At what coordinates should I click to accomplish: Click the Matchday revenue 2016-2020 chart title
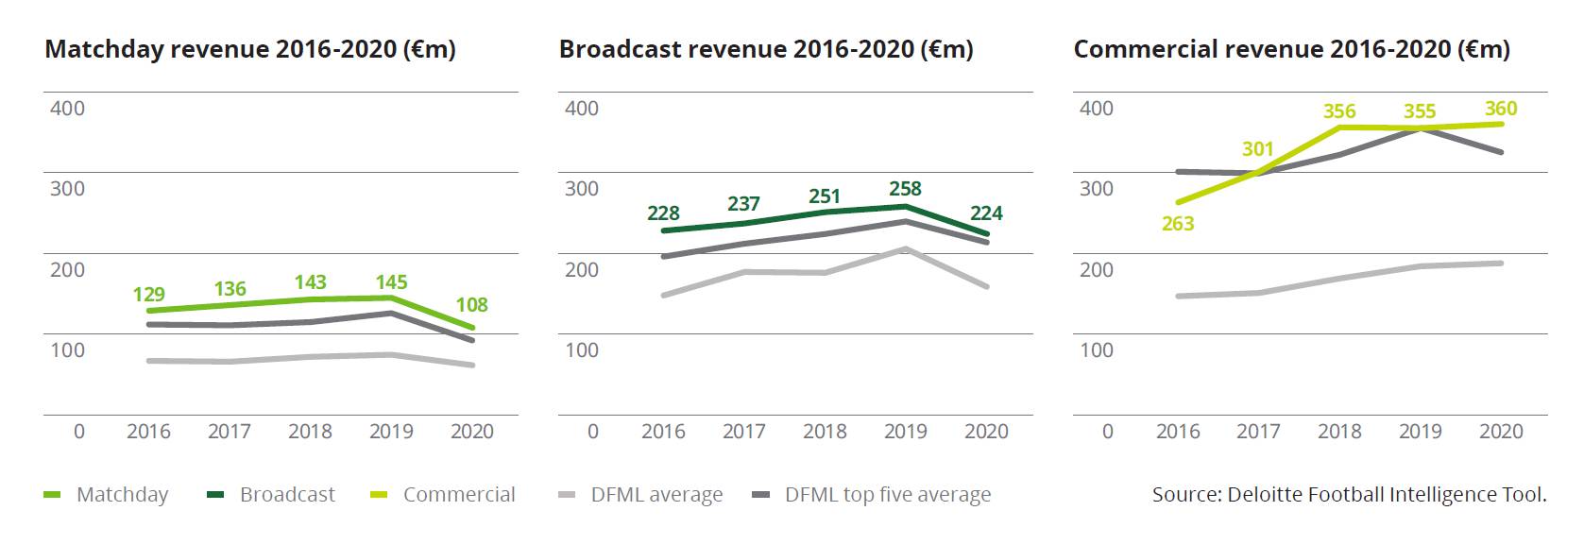point(250,49)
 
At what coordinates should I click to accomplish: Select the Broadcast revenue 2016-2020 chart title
point(765,49)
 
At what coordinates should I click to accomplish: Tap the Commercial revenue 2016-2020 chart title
point(1291,49)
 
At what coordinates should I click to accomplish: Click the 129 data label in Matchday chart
point(148,294)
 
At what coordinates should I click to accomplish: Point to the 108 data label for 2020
point(471,304)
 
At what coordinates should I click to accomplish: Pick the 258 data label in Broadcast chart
point(905,189)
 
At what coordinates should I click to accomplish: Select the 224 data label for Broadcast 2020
point(986,213)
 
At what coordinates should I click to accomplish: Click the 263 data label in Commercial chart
point(1178,224)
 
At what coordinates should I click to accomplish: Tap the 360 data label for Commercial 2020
point(1500,109)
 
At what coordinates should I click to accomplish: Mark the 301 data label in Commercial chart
point(1257,149)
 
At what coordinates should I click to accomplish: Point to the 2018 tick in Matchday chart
point(310,432)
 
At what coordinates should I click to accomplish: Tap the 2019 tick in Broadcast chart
point(905,432)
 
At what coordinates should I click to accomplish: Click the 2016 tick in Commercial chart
point(1178,432)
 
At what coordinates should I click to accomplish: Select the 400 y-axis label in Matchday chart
point(67,108)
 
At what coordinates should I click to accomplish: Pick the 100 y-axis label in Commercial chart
point(1096,350)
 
